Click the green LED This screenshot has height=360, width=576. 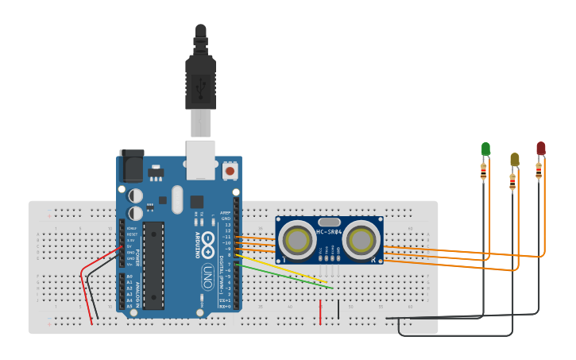tap(485, 149)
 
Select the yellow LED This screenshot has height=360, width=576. tap(514, 160)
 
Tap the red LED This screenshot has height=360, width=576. tap(541, 149)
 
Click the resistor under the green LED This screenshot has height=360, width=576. tap(483, 171)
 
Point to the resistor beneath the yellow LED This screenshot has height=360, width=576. tap(512, 182)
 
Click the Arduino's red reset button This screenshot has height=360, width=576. tap(230, 170)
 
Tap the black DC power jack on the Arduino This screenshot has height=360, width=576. tap(131, 167)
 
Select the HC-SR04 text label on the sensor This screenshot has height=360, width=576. tap(329, 232)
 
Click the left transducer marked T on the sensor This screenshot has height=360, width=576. tap(297, 240)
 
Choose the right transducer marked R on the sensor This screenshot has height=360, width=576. tap(361, 239)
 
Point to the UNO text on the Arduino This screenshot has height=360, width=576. tap(208, 276)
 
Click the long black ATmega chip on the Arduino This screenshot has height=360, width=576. tap(154, 265)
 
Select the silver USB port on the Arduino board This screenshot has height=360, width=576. tap(200, 159)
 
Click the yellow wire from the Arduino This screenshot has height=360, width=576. tap(278, 269)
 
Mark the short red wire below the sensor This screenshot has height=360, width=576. tap(320, 311)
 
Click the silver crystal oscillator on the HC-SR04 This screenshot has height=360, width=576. tap(329, 222)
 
